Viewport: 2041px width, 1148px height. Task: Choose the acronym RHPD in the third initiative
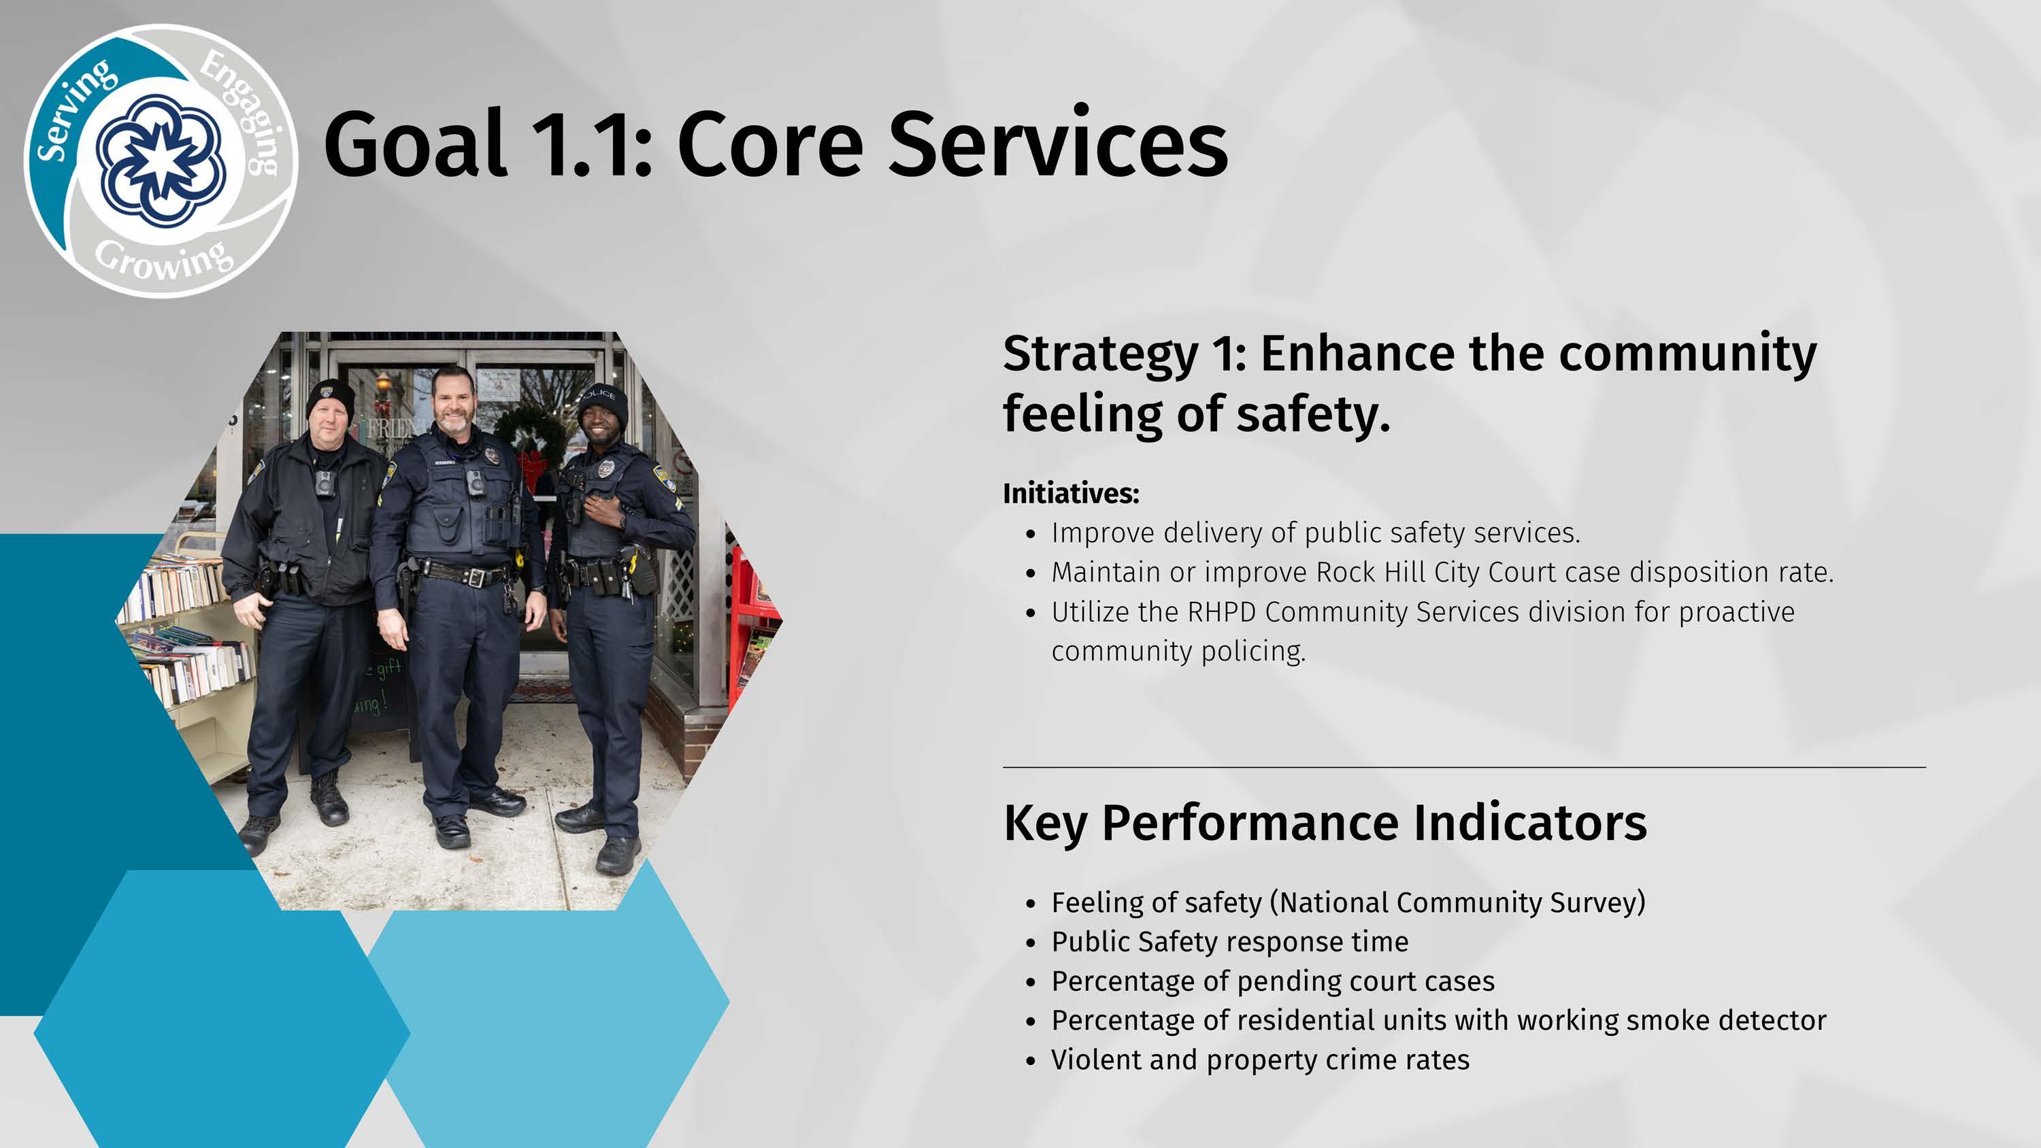(1222, 611)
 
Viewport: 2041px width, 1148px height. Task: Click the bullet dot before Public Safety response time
(1030, 943)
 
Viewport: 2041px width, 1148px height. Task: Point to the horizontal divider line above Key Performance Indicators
(1464, 767)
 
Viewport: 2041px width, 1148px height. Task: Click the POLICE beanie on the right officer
(603, 404)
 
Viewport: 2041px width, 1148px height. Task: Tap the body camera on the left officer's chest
(324, 482)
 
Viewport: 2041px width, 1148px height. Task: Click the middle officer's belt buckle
(476, 577)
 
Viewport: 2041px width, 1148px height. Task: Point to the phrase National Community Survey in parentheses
(1457, 902)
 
